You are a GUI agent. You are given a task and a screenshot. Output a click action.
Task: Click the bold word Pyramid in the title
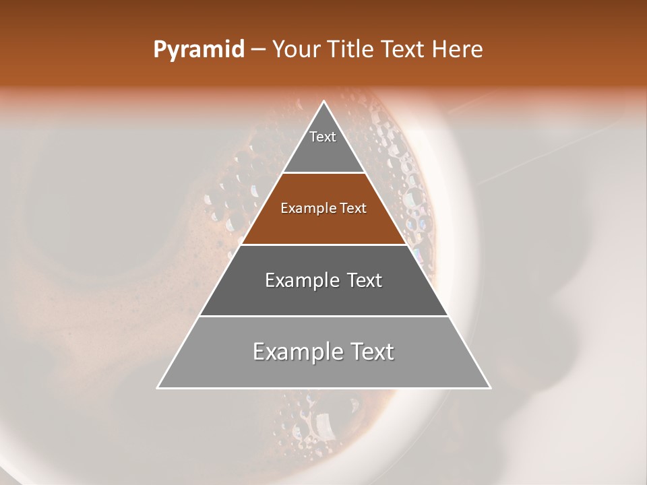tap(198, 51)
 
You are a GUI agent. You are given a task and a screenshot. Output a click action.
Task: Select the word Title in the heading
tap(351, 50)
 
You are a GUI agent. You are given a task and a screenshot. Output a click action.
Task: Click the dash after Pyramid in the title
tap(257, 51)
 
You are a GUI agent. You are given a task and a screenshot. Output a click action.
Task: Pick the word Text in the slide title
tap(403, 50)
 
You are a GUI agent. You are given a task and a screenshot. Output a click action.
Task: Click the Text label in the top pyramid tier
tap(323, 137)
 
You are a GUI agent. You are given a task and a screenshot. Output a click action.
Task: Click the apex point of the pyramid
tap(324, 102)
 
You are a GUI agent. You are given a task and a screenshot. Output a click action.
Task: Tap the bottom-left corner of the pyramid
tap(158, 388)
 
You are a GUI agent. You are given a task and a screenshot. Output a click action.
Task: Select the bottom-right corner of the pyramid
tap(490, 388)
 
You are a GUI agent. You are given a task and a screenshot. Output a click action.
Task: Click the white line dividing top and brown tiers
tap(324, 173)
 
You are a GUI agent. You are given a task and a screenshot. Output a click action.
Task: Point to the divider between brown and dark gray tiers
tap(324, 245)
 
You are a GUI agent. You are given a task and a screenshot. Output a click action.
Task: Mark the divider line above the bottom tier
tap(324, 316)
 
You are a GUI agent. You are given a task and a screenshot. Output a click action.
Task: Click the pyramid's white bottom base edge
tap(324, 388)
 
